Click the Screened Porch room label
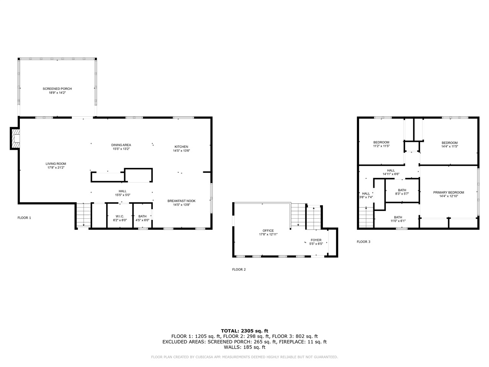[x=57, y=89]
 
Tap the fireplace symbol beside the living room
[x=15, y=138]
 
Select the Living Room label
[x=56, y=164]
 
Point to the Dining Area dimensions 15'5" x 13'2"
[x=121, y=149]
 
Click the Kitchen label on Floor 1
[x=181, y=147]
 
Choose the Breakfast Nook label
[x=181, y=201]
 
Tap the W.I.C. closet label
[x=120, y=216]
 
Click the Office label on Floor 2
[x=268, y=231]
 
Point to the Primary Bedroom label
[x=449, y=192]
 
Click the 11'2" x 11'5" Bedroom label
[x=381, y=142]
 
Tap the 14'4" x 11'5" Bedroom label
[x=449, y=143]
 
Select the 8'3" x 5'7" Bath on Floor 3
[x=402, y=190]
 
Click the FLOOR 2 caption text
[x=239, y=270]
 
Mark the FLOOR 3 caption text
[x=363, y=242]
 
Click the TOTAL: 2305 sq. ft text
[x=244, y=331]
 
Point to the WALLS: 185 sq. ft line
[x=244, y=347]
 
